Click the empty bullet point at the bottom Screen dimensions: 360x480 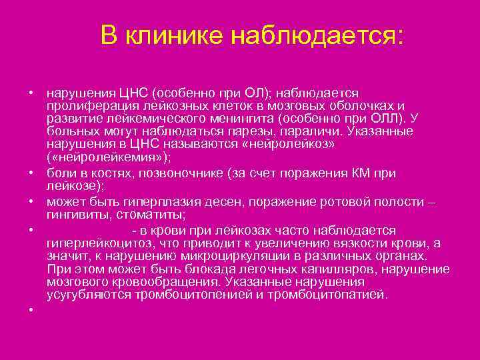(31, 310)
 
